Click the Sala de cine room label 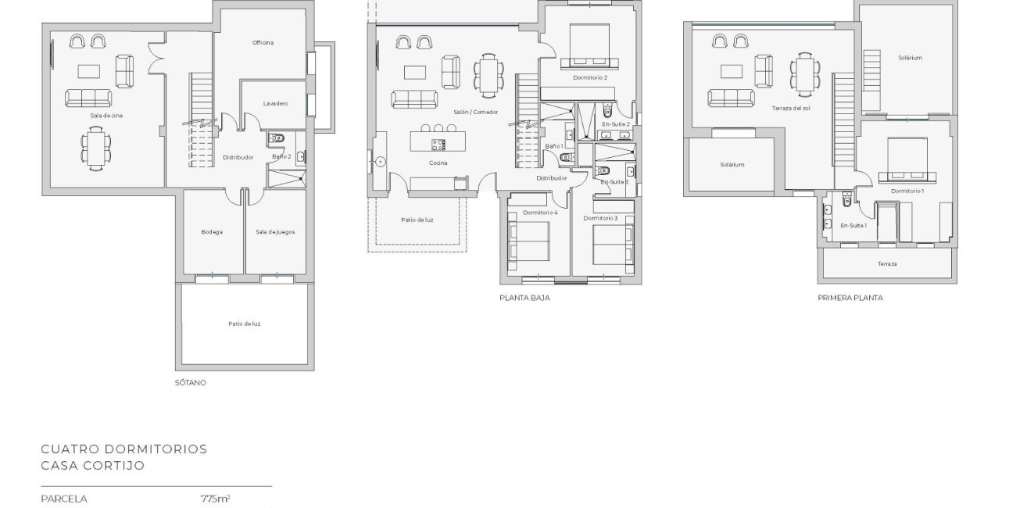(x=106, y=116)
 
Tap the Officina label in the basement (x=263, y=43)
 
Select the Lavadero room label (x=275, y=104)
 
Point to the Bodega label (x=212, y=232)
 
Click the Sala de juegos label (x=275, y=232)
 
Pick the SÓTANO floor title (x=191, y=383)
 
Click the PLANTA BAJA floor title (x=524, y=298)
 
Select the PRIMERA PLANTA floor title (x=850, y=298)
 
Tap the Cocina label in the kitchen (x=438, y=163)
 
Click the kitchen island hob (x=438, y=145)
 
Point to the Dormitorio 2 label (x=590, y=78)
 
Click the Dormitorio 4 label (x=540, y=213)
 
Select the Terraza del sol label (x=790, y=109)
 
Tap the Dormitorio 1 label (x=907, y=191)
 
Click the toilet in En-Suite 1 (x=847, y=199)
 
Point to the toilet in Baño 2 (x=276, y=138)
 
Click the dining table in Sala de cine (x=96, y=148)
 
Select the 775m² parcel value (x=216, y=499)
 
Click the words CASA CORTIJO (x=93, y=465)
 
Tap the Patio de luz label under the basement (x=244, y=324)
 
